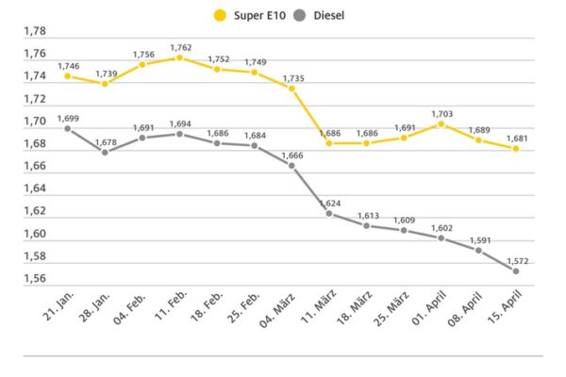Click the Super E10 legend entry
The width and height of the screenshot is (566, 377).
(251, 15)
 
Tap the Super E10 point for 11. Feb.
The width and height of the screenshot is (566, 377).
(179, 57)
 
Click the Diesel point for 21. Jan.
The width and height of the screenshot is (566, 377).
(68, 128)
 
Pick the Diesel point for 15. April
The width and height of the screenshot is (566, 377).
(515, 270)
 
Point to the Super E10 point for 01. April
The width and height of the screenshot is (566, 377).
(441, 123)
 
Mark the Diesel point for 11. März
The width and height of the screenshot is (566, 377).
(328, 213)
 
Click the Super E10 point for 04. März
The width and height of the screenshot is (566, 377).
(291, 88)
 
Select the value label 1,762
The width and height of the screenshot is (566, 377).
(180, 46)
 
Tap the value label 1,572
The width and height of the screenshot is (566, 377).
(515, 259)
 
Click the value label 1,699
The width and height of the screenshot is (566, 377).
(68, 117)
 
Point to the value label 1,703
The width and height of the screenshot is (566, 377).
(441, 112)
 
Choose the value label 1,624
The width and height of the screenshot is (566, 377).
(328, 202)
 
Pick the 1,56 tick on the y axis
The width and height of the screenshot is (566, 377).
(34, 279)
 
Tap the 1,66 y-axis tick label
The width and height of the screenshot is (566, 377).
(34, 166)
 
